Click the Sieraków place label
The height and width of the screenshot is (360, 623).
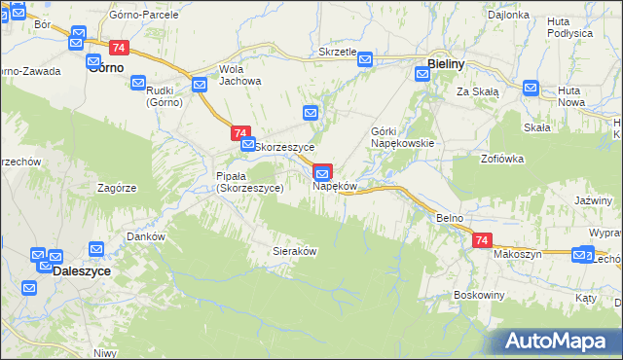click(294, 250)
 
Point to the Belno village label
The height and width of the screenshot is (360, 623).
click(449, 218)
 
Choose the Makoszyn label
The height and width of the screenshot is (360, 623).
click(516, 254)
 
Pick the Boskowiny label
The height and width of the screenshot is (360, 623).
click(477, 294)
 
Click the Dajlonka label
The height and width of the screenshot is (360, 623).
click(507, 16)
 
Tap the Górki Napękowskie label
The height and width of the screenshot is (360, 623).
click(401, 136)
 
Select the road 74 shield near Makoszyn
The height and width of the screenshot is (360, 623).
click(481, 240)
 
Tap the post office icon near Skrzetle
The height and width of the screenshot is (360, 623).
click(365, 60)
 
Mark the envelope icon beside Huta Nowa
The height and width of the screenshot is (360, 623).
click(531, 89)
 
